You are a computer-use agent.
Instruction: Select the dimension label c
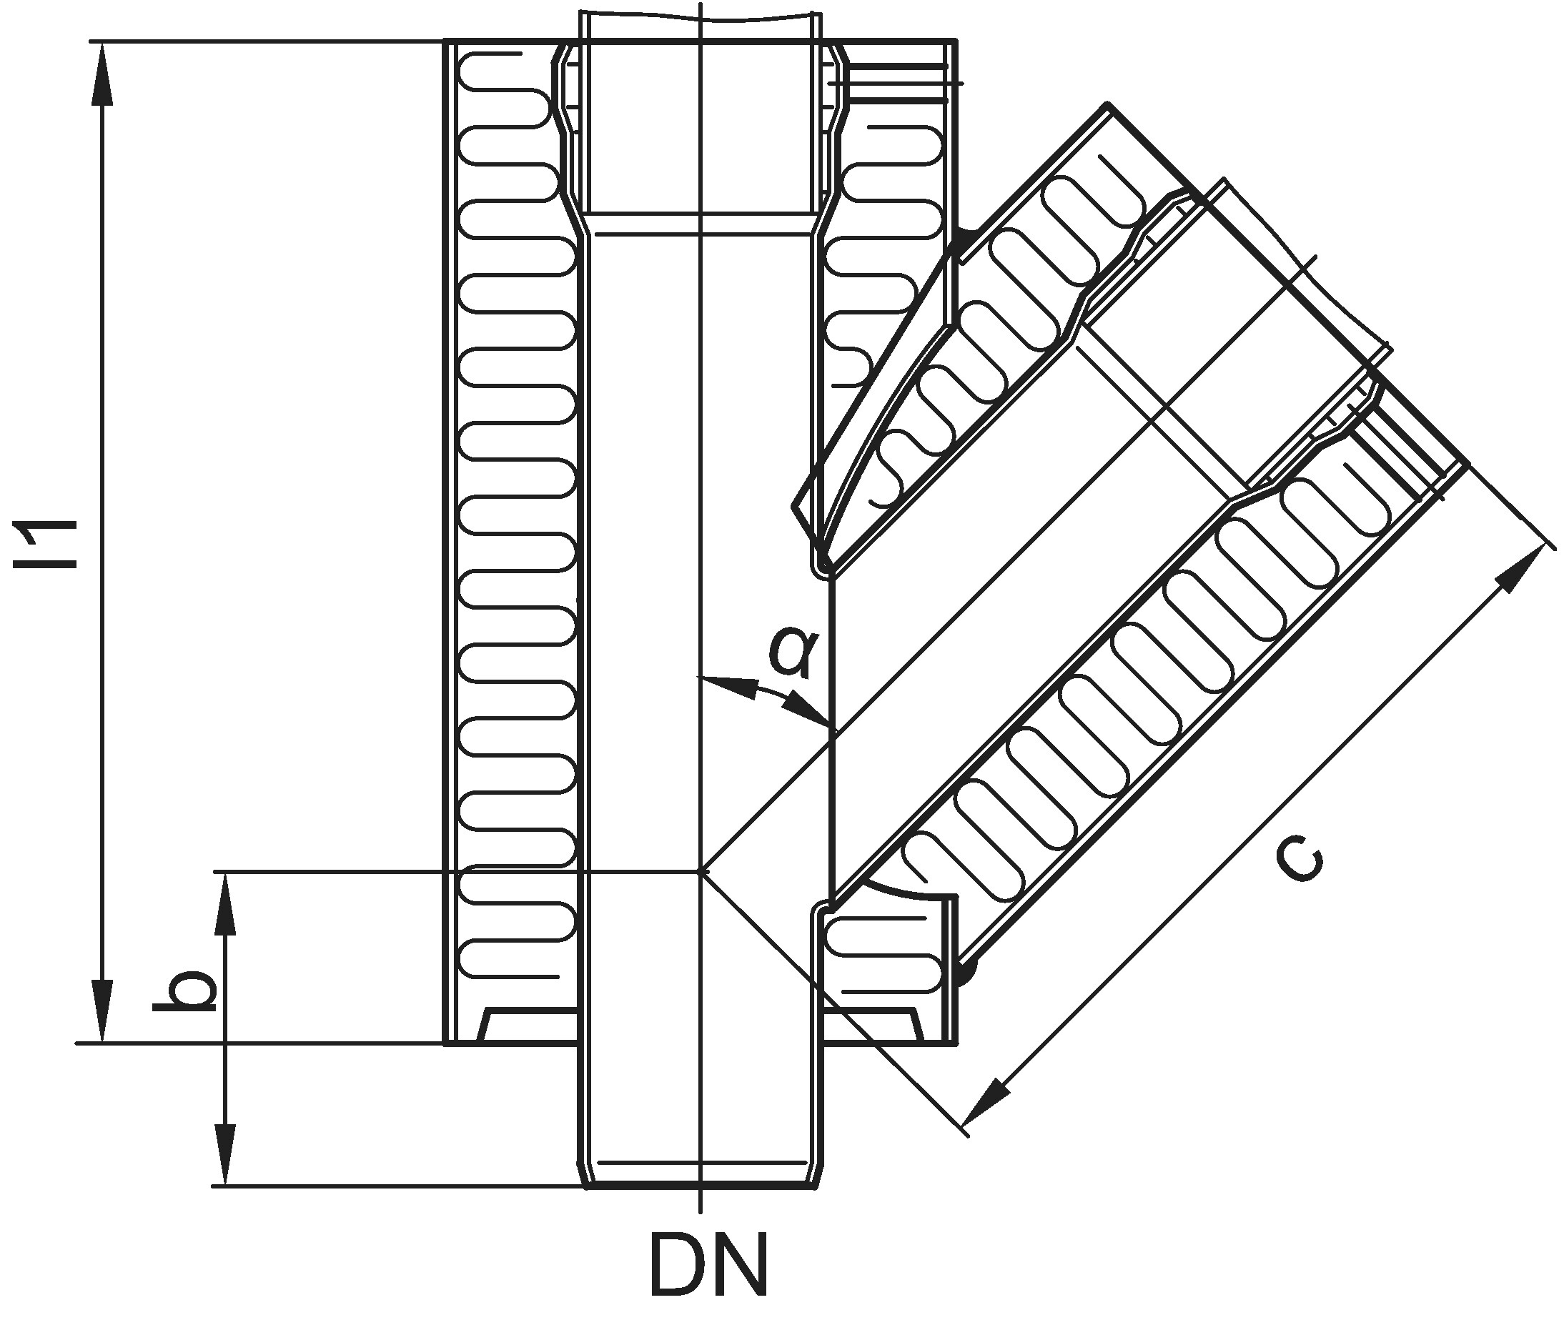point(1299,860)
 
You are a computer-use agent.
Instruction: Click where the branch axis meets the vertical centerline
point(700,871)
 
